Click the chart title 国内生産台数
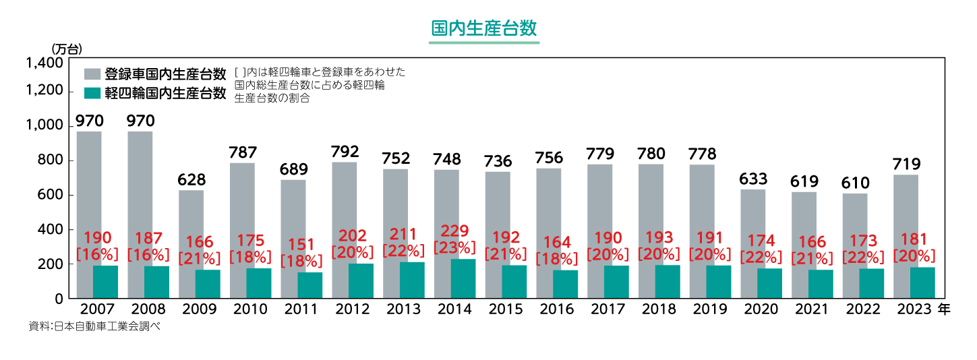[x=484, y=28]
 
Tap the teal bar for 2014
[x=463, y=278]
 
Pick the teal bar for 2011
[x=310, y=285]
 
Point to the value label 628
[x=191, y=180]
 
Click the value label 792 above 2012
[x=345, y=151]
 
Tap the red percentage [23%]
[x=454, y=248]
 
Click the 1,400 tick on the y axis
[x=44, y=63]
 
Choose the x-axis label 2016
[x=556, y=309]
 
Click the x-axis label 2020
[x=761, y=309]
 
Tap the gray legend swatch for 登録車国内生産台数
[x=92, y=74]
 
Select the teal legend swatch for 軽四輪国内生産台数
[x=92, y=93]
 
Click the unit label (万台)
[x=66, y=49]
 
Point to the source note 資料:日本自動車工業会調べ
[x=94, y=326]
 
